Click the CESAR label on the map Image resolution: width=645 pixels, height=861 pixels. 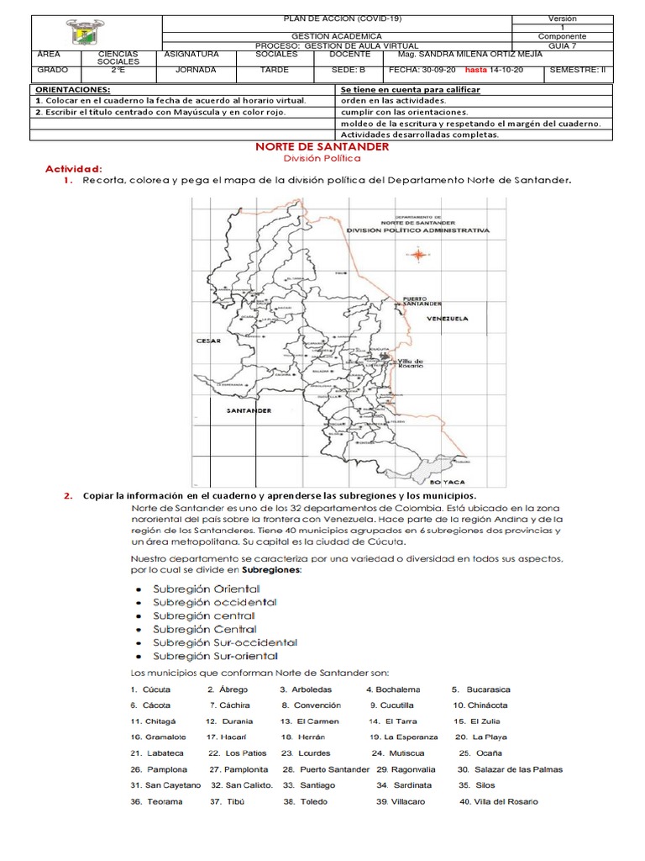pyautogui.click(x=207, y=341)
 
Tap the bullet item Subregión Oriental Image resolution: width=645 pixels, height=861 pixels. pyautogui.click(x=206, y=588)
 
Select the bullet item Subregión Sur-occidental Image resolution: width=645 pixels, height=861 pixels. pyautogui.click(x=225, y=642)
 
